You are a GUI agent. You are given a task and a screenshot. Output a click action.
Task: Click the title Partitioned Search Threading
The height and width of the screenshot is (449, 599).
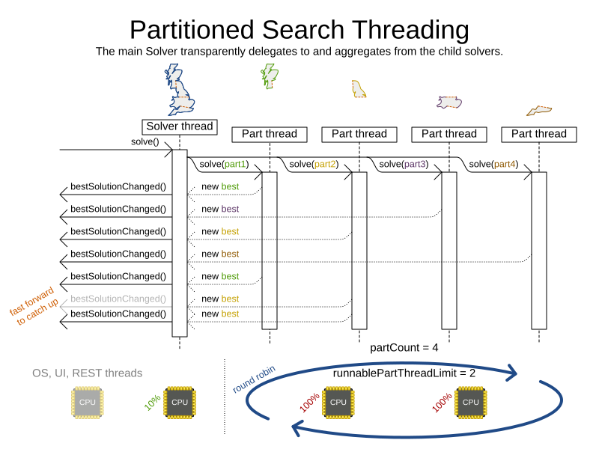tap(299, 30)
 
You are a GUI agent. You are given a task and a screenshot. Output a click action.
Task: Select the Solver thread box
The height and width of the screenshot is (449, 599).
tap(180, 126)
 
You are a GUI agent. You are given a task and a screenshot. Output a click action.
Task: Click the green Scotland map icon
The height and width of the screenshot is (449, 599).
tap(269, 75)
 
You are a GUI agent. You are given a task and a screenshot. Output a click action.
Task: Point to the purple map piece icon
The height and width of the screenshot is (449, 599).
tap(450, 103)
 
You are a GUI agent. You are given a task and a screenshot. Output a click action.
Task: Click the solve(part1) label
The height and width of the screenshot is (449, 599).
tap(223, 164)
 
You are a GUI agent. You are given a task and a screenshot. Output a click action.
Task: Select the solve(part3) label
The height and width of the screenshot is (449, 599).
tap(404, 164)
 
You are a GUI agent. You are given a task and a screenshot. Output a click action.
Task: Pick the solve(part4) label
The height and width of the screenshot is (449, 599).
tap(493, 164)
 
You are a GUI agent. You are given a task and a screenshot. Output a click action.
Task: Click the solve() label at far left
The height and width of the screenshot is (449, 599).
tap(145, 141)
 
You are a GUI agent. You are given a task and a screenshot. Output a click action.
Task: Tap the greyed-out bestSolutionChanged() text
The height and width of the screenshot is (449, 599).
tap(118, 299)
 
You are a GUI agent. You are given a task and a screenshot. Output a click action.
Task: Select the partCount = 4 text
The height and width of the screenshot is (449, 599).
tap(404, 348)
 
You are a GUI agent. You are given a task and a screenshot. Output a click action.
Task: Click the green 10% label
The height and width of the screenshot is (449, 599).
tap(152, 403)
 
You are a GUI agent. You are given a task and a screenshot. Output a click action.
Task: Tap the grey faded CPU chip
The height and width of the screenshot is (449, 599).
tap(88, 402)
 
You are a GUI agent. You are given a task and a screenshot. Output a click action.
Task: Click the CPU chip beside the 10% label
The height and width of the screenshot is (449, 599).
tap(180, 402)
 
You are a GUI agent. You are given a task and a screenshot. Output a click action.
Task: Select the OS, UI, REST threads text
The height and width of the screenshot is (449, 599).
tap(87, 373)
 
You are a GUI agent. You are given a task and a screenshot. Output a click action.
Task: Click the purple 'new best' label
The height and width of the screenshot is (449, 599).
tap(220, 209)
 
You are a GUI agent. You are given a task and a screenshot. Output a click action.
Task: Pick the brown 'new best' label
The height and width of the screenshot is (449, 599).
tap(220, 254)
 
